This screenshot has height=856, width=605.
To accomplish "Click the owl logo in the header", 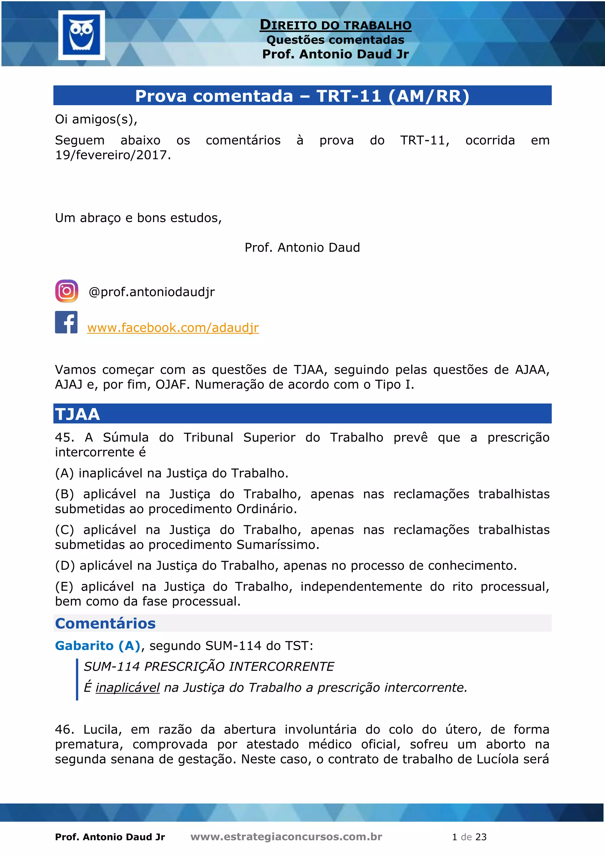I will (x=82, y=35).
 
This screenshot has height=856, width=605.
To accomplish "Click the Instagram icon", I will (x=67, y=291).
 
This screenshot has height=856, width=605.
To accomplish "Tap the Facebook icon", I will (x=66, y=322).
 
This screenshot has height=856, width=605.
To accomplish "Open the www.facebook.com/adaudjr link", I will (x=173, y=328).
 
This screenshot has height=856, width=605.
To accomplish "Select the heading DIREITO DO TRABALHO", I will (x=335, y=25).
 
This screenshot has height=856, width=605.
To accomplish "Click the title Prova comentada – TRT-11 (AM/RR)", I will (x=302, y=96).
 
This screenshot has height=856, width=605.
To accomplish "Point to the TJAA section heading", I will (x=77, y=414).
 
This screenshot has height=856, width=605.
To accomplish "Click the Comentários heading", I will (x=105, y=623).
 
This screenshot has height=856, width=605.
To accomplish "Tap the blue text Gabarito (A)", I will (x=97, y=646).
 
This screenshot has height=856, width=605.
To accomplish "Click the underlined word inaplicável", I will (x=127, y=688).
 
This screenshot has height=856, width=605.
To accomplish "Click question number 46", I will (x=64, y=729).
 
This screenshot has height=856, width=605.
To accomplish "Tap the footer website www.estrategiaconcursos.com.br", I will (x=286, y=837).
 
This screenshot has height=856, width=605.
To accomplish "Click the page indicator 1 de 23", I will (x=469, y=837).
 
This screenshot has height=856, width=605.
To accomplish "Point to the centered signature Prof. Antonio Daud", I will (x=302, y=248).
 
